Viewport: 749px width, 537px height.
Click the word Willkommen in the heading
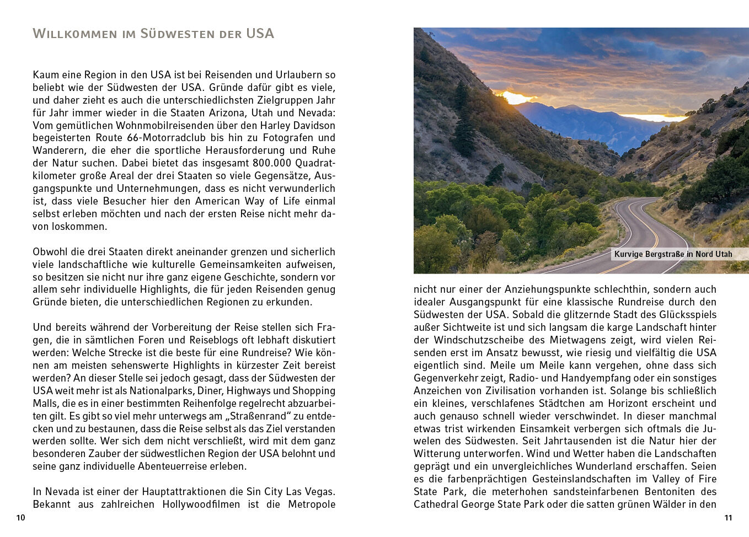click(75, 34)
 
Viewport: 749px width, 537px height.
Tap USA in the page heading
click(260, 34)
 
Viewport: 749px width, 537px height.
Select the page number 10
click(21, 518)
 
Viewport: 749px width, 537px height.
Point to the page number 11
click(728, 518)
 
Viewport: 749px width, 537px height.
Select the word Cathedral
click(435, 504)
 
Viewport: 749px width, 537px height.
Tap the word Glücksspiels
click(686, 315)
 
